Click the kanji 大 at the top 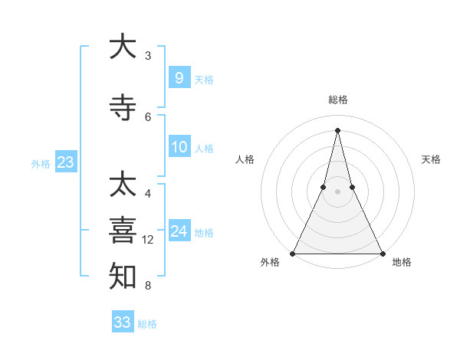point(123,47)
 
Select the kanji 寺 point(123,108)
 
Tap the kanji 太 point(123,185)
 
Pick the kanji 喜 point(123,231)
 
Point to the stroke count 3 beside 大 point(148,56)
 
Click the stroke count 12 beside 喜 point(148,240)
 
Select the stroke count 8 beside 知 point(148,286)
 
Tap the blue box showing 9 point(179,77)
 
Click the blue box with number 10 point(179,147)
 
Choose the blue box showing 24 point(179,231)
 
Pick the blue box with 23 point(65,162)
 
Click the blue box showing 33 point(122,322)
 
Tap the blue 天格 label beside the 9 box point(204,80)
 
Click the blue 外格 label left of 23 point(41,164)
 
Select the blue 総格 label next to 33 point(147,325)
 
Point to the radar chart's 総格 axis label point(337,100)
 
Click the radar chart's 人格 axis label point(245,159)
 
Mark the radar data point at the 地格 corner point(382,253)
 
